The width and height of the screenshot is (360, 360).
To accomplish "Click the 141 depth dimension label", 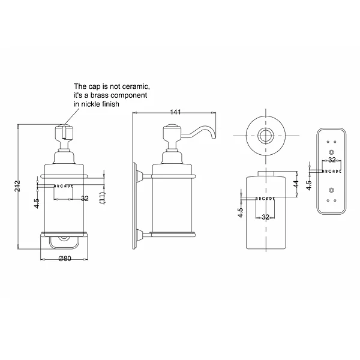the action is [175, 112].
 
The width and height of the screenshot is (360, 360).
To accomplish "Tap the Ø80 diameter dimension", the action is [65, 259].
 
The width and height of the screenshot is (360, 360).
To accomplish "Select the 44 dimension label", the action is [296, 184].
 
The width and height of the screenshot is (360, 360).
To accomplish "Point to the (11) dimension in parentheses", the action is [103, 197].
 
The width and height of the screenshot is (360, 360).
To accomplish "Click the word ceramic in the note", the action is [136, 86].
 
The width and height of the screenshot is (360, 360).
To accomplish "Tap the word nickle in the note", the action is [91, 104].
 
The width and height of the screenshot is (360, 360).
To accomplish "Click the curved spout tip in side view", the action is [214, 137].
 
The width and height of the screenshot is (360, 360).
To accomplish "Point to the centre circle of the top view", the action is [266, 136].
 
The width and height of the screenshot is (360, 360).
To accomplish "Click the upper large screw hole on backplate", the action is [331, 152].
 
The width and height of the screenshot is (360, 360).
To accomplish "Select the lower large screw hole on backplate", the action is [331, 190].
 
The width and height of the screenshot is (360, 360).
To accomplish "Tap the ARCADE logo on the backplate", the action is [332, 171].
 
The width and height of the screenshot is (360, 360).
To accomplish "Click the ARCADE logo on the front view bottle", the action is [64, 186].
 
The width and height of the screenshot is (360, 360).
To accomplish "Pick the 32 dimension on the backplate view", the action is [332, 160].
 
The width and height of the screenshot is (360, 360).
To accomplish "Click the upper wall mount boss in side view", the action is [139, 176].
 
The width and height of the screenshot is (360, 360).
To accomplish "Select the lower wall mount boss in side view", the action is [139, 235].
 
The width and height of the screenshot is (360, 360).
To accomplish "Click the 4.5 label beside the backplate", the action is [309, 185].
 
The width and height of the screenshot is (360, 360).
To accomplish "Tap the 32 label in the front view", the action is [85, 199].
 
